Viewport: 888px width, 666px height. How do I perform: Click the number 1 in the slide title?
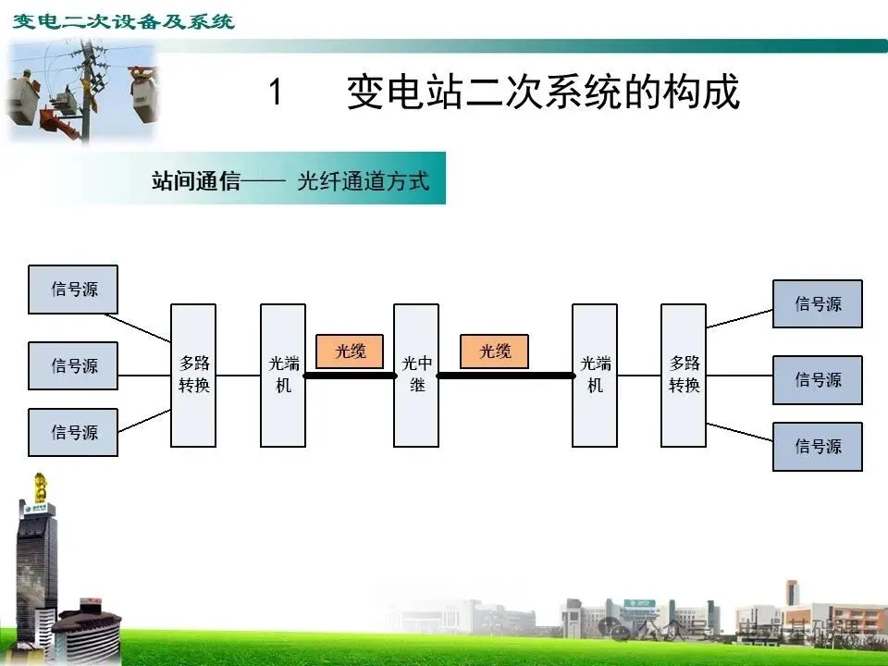coord(275,92)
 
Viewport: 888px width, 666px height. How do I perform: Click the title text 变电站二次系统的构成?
coord(543,92)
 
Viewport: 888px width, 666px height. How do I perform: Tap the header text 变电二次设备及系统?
coord(123,20)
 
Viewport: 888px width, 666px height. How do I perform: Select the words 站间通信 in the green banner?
coord(195,180)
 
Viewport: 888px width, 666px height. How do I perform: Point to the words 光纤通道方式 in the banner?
coord(364,180)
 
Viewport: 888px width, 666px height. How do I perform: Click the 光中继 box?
coord(416,375)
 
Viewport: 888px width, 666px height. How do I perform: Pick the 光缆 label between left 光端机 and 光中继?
coord(350,351)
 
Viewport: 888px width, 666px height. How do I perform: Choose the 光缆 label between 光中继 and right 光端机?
coord(494,351)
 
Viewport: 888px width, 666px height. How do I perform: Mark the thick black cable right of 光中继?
coord(505,376)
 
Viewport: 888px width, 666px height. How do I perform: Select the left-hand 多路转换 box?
coord(193,375)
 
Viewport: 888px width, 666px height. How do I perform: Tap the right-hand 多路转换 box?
coord(684,375)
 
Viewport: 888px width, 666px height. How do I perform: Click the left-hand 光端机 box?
coord(283,375)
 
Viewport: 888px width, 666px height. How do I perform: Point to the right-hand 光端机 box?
coord(595,375)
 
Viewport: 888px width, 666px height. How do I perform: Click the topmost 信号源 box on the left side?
coord(73,290)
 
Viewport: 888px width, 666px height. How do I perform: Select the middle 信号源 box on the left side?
coord(73,366)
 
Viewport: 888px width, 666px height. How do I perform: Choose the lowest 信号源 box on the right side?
coord(818,446)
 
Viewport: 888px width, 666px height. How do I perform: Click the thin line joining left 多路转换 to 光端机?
coord(238,376)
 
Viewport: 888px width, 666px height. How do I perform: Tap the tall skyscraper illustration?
coord(36,564)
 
